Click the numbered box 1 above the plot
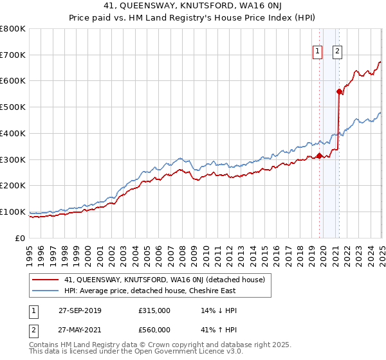318,53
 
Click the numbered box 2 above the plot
338,53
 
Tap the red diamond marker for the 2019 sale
319,155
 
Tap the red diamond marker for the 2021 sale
339,91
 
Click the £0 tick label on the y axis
19,238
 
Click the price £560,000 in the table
154,330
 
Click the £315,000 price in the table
154,310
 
